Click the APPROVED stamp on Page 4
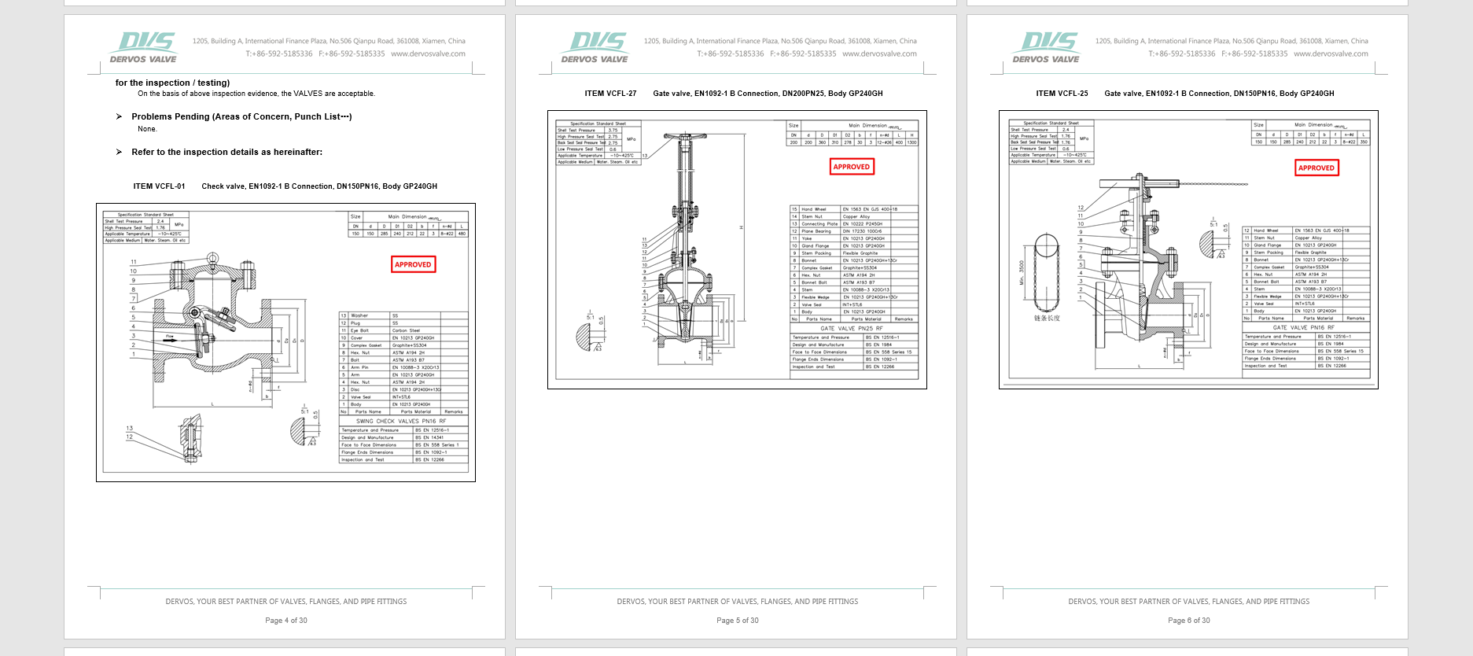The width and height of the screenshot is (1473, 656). coord(413,264)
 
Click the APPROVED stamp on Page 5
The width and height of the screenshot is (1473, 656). coord(852,167)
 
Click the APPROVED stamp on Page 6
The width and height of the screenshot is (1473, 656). coord(1316,168)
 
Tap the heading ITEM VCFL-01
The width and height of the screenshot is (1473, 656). coord(159,186)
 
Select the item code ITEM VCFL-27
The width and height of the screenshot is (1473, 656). coord(610,94)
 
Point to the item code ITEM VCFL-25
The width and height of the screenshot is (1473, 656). coord(1062,94)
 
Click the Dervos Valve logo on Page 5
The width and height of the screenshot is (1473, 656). coord(596,47)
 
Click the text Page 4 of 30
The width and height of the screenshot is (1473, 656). coord(286,621)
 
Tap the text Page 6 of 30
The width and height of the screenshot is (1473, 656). coord(1188,621)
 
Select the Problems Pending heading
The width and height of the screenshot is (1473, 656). coord(241,116)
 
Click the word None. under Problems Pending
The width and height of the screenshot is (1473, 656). coord(147,129)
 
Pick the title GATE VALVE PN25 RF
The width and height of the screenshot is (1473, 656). coord(851,329)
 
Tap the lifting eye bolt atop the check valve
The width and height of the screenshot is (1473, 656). coord(212,259)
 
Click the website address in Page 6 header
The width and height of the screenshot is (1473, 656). coord(1331,54)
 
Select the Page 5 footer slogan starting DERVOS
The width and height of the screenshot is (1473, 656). coord(737,602)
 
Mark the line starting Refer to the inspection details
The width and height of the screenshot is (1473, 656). coord(226,152)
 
